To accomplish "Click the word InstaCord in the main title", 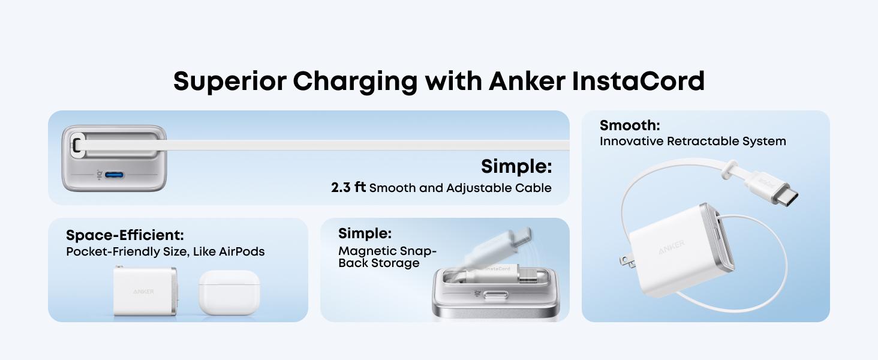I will coord(638,81).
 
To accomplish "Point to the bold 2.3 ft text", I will coord(348,188).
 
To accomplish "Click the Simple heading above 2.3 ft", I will coord(516,166).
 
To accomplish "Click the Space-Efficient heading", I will coord(125,235).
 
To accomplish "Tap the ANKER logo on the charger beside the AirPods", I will coord(143,292).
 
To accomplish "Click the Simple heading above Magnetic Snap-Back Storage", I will coord(365,233).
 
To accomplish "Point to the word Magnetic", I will coord(366,251).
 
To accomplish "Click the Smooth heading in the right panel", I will coord(630,125).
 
